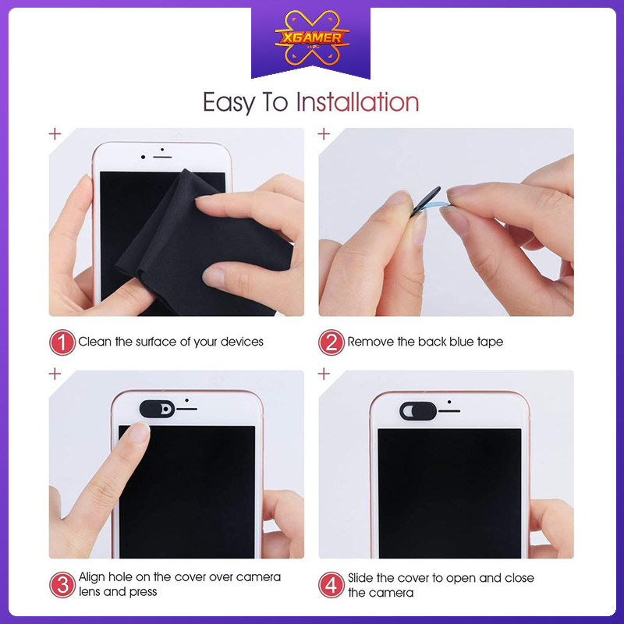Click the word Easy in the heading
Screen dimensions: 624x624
tap(232, 102)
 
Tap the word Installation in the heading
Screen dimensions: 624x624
tap(357, 102)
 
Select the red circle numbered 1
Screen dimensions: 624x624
tap(62, 342)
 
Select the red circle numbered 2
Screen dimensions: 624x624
tap(331, 342)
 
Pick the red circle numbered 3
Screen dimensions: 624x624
tap(62, 584)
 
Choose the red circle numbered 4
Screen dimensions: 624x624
tap(331, 584)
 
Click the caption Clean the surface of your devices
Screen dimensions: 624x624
tap(171, 342)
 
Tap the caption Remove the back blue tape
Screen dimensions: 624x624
tap(425, 342)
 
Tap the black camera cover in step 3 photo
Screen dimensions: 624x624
tap(155, 407)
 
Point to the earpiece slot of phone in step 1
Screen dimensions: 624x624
tap(162, 157)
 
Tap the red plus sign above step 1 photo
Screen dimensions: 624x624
tap(55, 133)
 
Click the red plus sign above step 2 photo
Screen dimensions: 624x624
tap(324, 133)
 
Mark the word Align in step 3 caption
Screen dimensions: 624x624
tap(94, 577)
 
